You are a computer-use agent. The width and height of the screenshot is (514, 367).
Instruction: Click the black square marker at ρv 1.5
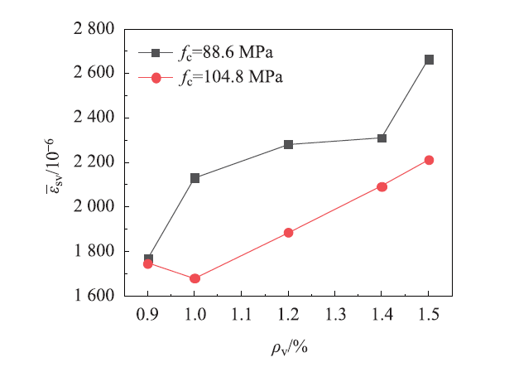(429, 60)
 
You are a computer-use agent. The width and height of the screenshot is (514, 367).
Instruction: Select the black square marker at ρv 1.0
(195, 178)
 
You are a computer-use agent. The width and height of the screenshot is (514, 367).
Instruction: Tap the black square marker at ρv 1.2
(288, 144)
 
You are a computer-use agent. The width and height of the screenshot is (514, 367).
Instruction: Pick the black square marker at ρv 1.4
(382, 138)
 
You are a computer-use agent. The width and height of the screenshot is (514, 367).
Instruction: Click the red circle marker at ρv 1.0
(195, 278)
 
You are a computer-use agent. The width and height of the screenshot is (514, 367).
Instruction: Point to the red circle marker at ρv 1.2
(288, 233)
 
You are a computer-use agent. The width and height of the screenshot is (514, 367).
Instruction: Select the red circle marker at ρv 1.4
(382, 186)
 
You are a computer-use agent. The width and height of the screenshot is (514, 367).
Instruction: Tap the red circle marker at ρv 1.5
(429, 160)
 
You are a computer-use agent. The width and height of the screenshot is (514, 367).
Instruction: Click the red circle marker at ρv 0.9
(148, 263)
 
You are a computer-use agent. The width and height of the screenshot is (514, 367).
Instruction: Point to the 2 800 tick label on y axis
(94, 29)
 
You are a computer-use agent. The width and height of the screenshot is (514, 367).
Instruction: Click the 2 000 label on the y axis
(94, 206)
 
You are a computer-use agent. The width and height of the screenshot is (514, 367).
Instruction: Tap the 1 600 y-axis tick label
(94, 295)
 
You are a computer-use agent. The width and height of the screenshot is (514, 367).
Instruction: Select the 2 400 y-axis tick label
(94, 118)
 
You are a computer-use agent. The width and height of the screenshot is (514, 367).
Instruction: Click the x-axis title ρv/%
(288, 345)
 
